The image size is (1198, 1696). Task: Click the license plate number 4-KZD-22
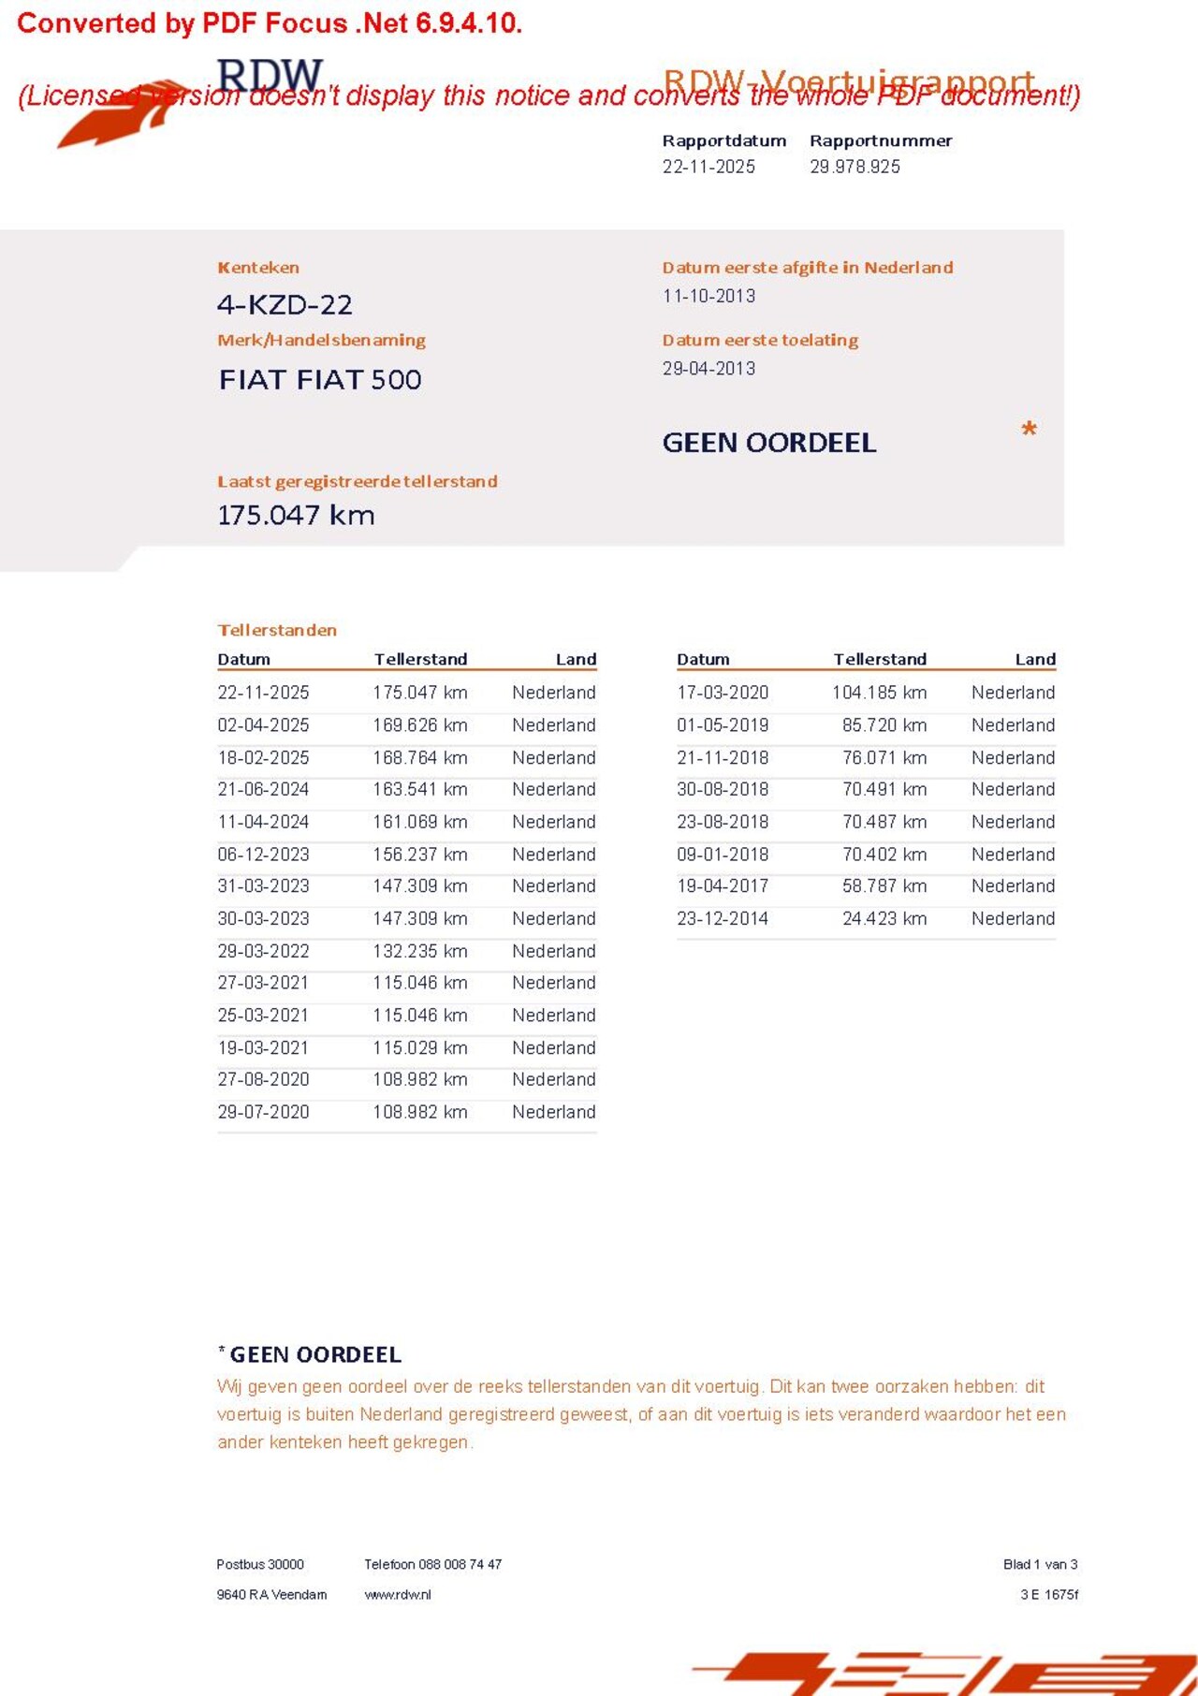pos(285,305)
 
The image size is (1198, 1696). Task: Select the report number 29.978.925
pos(855,167)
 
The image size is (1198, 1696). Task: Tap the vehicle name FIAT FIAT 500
pos(320,380)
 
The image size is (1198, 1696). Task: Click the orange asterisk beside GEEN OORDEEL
pos(1029,430)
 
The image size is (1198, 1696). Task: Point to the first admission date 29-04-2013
pos(709,369)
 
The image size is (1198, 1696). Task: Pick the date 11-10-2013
pos(709,296)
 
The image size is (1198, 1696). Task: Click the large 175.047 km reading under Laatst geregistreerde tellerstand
pos(296,516)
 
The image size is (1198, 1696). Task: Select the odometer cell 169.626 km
pos(419,725)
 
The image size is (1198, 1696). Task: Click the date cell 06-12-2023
pos(263,855)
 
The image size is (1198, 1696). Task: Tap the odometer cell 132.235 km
pos(419,951)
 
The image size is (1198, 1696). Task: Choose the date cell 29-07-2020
pos(263,1112)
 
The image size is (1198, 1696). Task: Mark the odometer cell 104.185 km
pos(879,693)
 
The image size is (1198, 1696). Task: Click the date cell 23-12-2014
pos(723,919)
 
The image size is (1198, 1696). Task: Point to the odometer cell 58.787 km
pos(884,886)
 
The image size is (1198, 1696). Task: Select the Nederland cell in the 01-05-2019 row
pos(1013,725)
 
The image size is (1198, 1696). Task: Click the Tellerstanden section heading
pos(277,630)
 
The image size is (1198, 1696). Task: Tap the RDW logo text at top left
pos(270,75)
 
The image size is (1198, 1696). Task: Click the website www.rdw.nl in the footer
pos(398,1595)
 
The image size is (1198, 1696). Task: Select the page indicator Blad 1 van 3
pos(1040,1564)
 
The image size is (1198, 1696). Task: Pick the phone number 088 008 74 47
pos(460,1564)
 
